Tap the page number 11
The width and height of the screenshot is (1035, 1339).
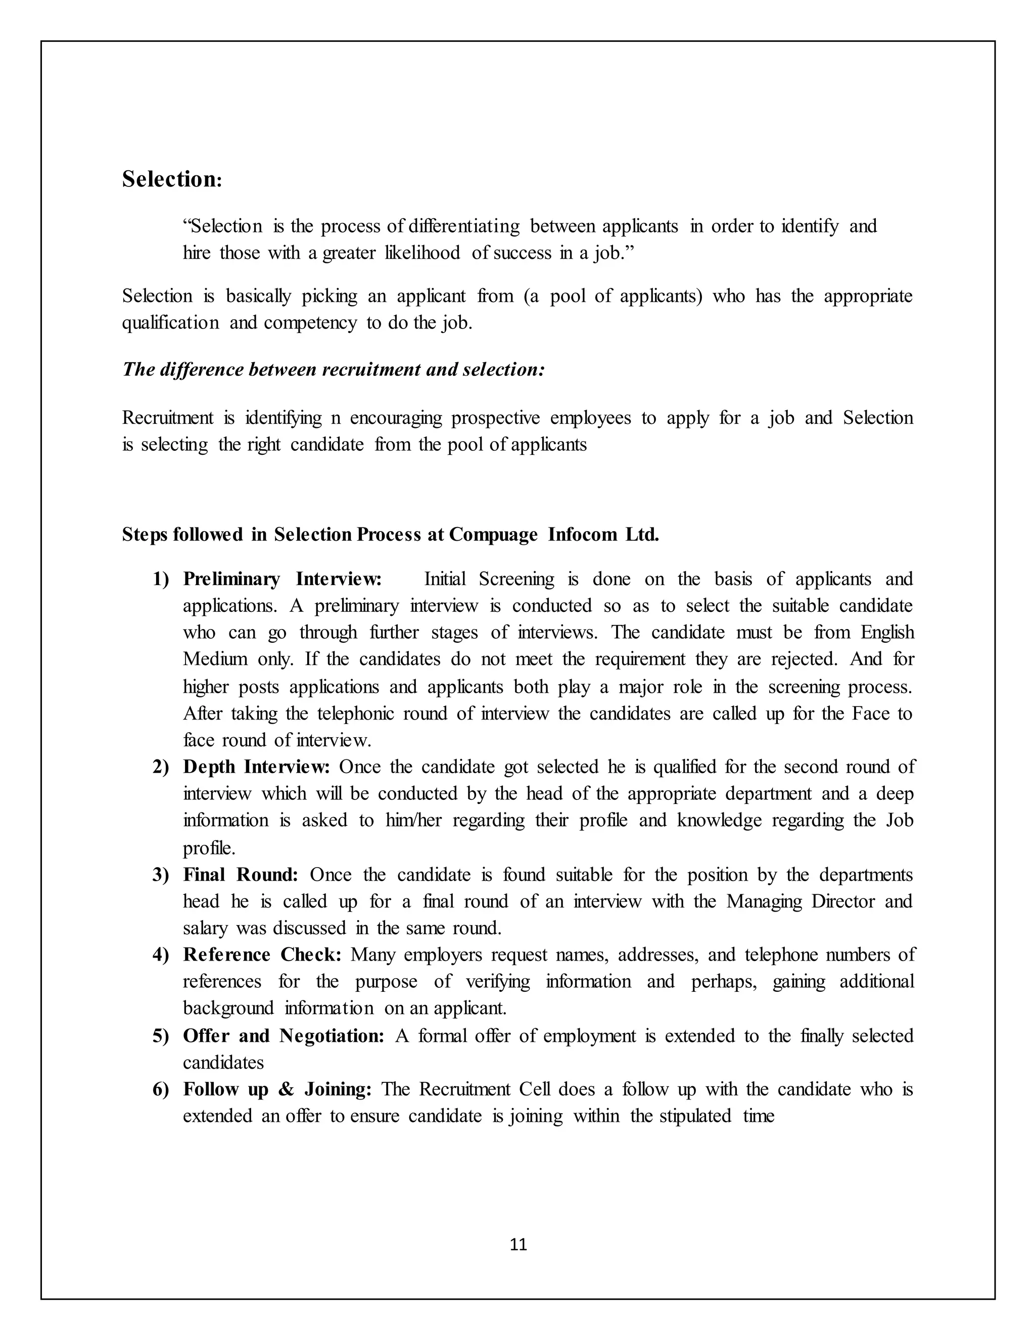click(518, 1245)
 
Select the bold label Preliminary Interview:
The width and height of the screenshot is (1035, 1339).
click(282, 579)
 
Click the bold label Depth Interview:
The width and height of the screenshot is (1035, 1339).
click(256, 767)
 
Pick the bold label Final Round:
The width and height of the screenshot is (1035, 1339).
click(241, 874)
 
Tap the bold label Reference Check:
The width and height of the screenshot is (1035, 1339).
click(262, 954)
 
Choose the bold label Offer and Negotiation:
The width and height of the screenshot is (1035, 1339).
click(284, 1035)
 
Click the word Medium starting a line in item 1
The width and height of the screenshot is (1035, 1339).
click(215, 659)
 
